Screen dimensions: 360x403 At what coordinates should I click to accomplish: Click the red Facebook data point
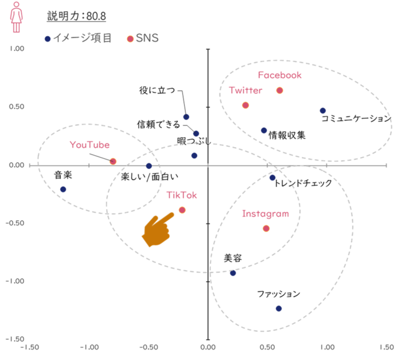click(280, 91)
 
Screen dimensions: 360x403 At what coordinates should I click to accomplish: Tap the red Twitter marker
click(246, 106)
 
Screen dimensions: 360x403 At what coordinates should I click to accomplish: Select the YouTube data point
click(113, 161)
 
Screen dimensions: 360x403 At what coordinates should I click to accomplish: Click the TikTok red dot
click(182, 210)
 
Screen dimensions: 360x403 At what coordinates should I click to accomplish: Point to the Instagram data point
click(267, 228)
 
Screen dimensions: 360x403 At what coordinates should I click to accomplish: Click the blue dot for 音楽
click(63, 189)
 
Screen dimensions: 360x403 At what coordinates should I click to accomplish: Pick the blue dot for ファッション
click(279, 308)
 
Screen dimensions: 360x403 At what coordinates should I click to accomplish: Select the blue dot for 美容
click(233, 273)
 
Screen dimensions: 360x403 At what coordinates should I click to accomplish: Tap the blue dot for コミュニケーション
click(323, 111)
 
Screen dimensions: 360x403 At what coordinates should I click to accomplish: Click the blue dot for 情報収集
click(264, 130)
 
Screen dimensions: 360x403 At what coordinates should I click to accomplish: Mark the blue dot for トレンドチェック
click(272, 178)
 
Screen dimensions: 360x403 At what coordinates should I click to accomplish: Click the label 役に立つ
click(157, 91)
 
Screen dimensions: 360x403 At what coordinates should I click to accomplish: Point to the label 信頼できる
click(159, 124)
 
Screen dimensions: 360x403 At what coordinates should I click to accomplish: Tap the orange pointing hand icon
click(159, 228)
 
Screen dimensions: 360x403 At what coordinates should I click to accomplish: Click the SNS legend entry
click(144, 38)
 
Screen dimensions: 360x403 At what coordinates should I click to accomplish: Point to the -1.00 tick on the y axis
click(14, 281)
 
